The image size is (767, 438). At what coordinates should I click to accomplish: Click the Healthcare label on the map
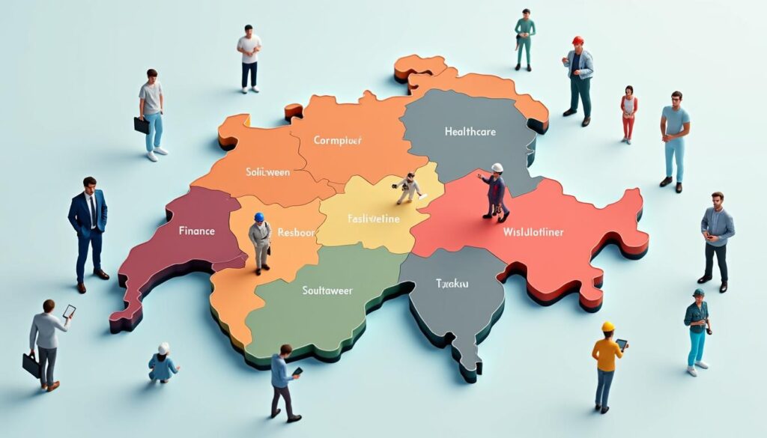pos(470,132)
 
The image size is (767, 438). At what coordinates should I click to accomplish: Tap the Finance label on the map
pos(197,231)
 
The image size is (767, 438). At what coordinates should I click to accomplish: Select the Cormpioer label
pos(338,139)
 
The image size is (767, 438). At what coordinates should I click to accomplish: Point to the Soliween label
pos(267,171)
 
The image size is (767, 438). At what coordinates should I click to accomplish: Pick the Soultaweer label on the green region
pos(327,290)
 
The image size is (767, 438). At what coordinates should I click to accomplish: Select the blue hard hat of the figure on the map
pos(259,217)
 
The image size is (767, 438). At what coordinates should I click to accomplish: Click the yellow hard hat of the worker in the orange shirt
pos(607,326)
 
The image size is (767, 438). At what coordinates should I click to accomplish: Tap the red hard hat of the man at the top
pos(577,40)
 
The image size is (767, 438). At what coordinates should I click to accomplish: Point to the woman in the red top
pos(628,114)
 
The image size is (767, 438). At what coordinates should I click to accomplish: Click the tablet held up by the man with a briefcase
pos(69,311)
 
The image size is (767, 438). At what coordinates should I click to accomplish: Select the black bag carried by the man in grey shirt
pos(142,125)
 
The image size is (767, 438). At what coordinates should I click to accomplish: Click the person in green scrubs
pos(525,40)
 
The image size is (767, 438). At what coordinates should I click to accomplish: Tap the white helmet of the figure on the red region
pos(497,168)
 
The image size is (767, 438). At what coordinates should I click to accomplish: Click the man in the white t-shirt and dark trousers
pos(249,58)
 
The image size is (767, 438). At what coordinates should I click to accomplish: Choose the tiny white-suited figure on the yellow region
pos(409,188)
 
